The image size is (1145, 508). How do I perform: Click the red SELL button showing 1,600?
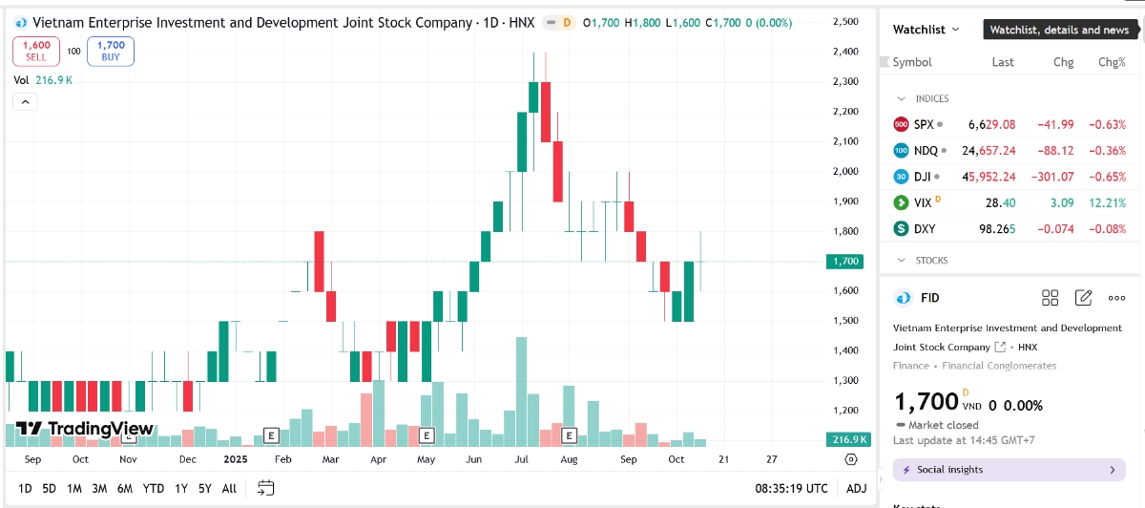[36, 51]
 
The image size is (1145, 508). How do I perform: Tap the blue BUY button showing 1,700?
[111, 51]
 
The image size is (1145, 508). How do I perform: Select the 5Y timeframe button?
[205, 488]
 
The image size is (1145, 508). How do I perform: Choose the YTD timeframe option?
[154, 488]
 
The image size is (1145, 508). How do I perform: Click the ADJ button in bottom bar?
[857, 488]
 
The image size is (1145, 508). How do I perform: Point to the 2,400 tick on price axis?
[844, 52]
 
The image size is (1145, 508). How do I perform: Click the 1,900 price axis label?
[844, 201]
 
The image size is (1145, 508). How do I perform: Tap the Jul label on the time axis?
[521, 459]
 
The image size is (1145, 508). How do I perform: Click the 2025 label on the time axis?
[235, 459]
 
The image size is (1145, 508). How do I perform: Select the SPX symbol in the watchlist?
[923, 124]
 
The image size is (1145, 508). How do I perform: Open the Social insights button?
[1009, 470]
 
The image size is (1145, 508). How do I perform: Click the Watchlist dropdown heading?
[926, 30]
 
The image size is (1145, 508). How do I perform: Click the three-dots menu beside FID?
[1116, 298]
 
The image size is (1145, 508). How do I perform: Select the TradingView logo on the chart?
[84, 430]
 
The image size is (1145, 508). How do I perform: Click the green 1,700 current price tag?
[844, 261]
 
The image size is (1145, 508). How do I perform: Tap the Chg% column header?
[1112, 62]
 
